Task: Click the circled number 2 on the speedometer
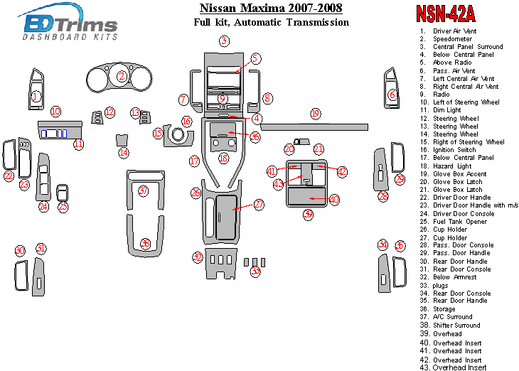pos(122,76)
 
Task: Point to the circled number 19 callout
pos(315,114)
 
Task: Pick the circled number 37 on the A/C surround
pos(143,190)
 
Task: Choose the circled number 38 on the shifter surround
pos(145,243)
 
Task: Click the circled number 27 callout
pos(259,204)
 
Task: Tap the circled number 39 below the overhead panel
pos(308,213)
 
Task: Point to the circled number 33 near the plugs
pos(255,271)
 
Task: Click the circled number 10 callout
pos(55,111)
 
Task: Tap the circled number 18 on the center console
pos(223,158)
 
